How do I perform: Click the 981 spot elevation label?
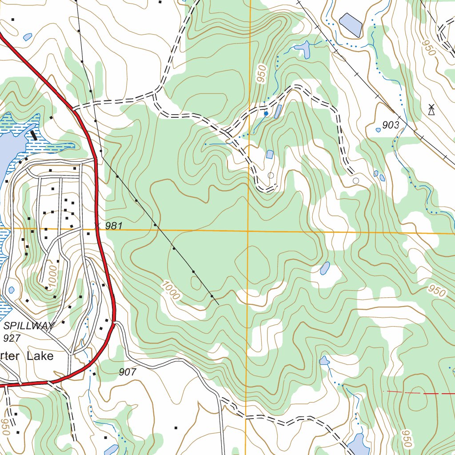click(x=114, y=226)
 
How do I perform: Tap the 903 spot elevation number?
click(x=391, y=125)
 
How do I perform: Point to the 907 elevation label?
click(x=128, y=372)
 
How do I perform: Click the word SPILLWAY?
click(x=28, y=326)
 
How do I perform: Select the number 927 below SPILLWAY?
click(x=12, y=338)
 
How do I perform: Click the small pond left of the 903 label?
click(x=378, y=130)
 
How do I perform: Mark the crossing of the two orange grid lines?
click(x=248, y=231)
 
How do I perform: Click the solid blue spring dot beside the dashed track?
click(x=266, y=114)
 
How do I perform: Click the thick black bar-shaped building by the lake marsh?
click(x=34, y=135)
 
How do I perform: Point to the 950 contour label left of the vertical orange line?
click(x=262, y=73)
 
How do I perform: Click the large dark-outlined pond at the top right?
click(x=351, y=24)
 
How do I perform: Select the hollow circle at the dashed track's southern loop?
click(x=271, y=176)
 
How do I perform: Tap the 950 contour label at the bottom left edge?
click(x=6, y=427)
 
